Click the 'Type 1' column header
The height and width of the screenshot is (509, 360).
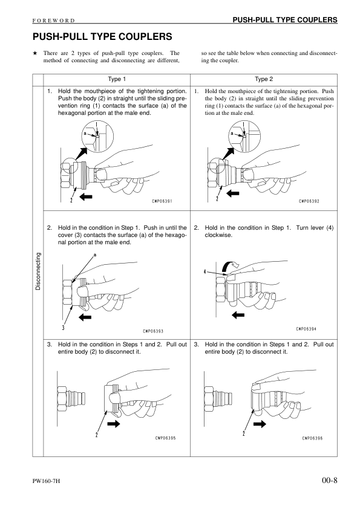coord(117,79)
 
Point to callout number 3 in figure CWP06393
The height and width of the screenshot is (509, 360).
coord(63,327)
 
